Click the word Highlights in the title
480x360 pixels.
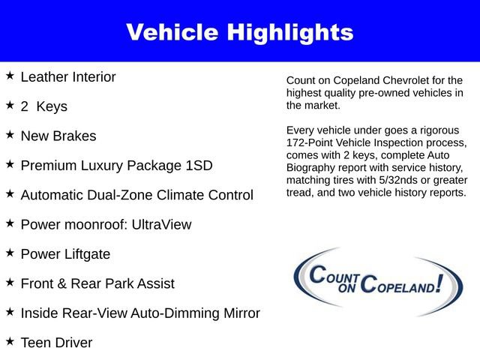[292, 31]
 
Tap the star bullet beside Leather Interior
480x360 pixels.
[10, 76]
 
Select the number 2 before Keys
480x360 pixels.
[25, 106]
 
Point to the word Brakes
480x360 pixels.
[76, 136]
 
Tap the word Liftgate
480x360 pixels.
[85, 254]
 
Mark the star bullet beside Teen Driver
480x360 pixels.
[10, 341]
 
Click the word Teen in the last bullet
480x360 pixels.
[36, 343]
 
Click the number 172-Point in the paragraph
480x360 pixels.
[311, 142]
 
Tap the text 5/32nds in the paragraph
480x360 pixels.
[394, 181]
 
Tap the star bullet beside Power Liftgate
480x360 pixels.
[10, 253]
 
